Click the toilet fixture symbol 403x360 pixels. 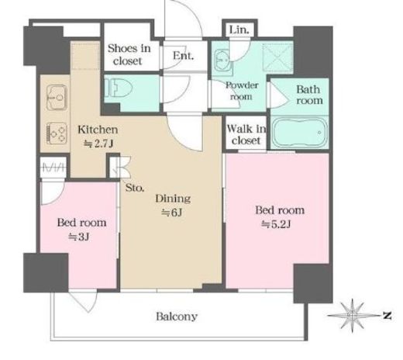pyautogui.click(x=119, y=88)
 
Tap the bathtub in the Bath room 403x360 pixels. pyautogui.click(x=300, y=133)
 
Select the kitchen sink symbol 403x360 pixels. pyautogui.click(x=57, y=98)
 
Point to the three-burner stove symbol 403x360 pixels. pyautogui.click(x=57, y=133)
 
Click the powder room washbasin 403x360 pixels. pyautogui.click(x=223, y=60)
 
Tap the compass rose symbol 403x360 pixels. pyautogui.click(x=353, y=316)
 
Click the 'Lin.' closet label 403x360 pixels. pyautogui.click(x=239, y=29)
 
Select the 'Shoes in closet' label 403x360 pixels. pyautogui.click(x=129, y=54)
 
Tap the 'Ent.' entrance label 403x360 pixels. pyautogui.click(x=183, y=56)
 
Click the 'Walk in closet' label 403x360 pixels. pyautogui.click(x=246, y=134)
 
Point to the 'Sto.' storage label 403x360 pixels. pyautogui.click(x=135, y=188)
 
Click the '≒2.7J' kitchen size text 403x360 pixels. pyautogui.click(x=98, y=144)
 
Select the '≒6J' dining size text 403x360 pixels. pyautogui.click(x=172, y=213)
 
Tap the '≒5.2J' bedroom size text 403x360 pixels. pyautogui.click(x=276, y=224)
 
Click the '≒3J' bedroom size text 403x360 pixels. pyautogui.click(x=78, y=237)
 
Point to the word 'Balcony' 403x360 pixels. pyautogui.click(x=177, y=317)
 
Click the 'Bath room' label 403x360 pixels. pyautogui.click(x=309, y=95)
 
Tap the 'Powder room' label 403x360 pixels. pyautogui.click(x=242, y=91)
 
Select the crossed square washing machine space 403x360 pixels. pyautogui.click(x=277, y=57)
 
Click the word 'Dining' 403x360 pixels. pyautogui.click(x=173, y=199)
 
